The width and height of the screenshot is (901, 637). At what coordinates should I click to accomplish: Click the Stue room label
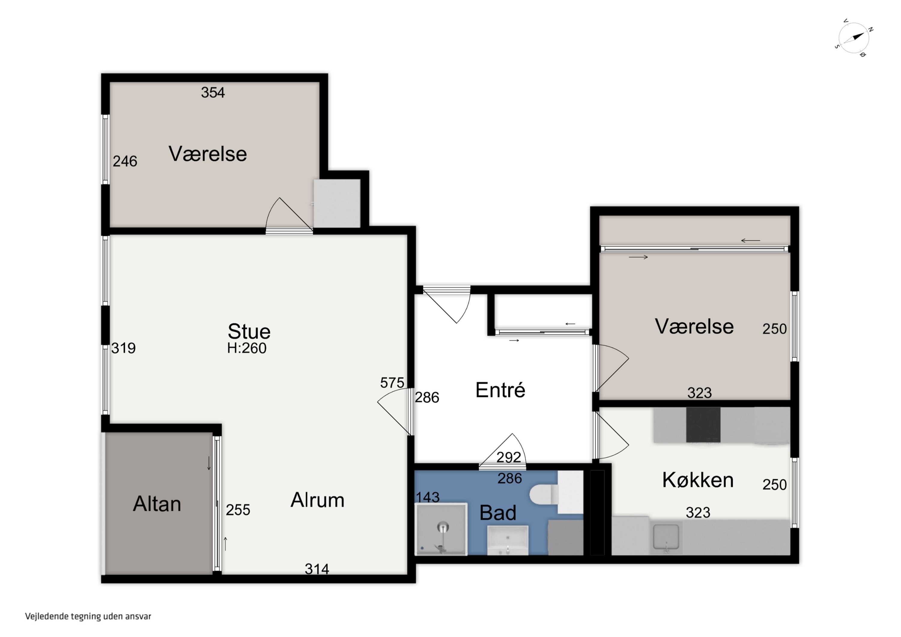(x=249, y=332)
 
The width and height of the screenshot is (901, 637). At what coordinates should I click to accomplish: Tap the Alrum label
(x=317, y=500)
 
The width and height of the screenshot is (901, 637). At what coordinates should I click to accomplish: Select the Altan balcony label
(x=157, y=504)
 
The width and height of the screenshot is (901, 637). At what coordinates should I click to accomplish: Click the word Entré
(x=500, y=390)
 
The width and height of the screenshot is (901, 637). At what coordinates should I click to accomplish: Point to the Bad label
(x=498, y=513)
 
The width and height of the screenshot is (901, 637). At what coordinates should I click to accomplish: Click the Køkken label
(x=698, y=480)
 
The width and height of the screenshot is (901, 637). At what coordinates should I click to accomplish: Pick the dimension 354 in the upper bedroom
(x=213, y=93)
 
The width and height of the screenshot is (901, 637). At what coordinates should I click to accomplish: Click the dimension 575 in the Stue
(x=392, y=383)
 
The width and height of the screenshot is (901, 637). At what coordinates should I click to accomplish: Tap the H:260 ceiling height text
(x=247, y=348)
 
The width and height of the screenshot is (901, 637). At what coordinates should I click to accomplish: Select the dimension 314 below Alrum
(x=317, y=569)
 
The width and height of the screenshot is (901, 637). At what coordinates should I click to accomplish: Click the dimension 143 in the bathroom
(x=428, y=497)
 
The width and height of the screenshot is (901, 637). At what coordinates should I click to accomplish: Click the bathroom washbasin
(x=508, y=541)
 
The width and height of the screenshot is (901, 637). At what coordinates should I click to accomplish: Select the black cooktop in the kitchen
(x=703, y=425)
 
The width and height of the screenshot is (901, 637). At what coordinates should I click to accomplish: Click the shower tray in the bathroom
(x=441, y=529)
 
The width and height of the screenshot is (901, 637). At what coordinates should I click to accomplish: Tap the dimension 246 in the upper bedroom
(x=125, y=161)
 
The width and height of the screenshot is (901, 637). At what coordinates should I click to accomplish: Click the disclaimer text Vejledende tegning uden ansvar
(x=88, y=616)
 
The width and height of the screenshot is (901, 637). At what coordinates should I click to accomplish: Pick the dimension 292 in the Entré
(x=508, y=457)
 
